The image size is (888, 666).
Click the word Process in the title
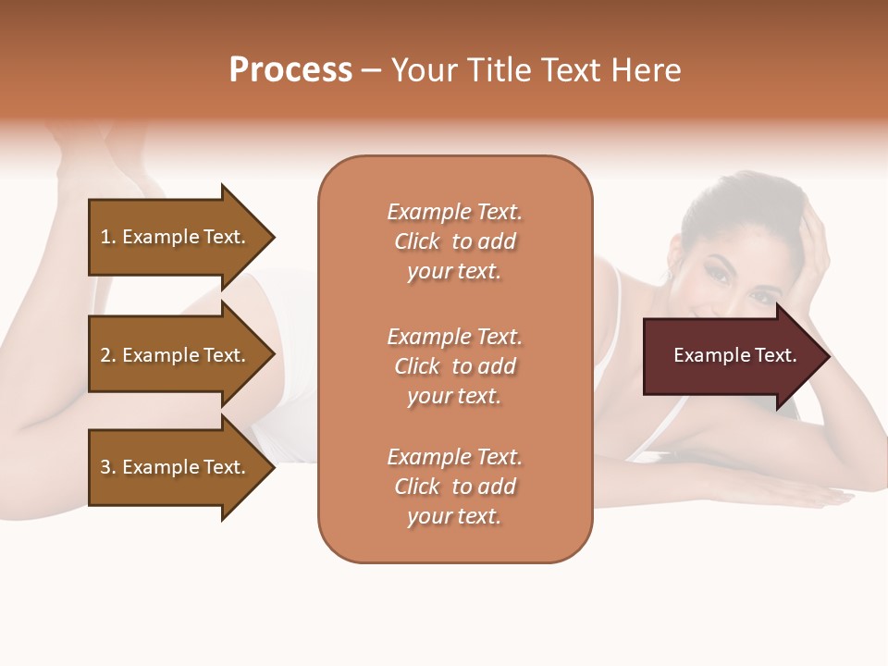click(x=290, y=70)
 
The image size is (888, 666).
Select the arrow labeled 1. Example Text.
click(x=176, y=237)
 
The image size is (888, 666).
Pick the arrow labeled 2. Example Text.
click(x=176, y=355)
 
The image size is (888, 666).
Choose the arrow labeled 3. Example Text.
click(x=176, y=467)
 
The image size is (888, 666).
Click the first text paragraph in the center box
click(x=454, y=241)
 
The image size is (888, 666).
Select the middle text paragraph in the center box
click(x=454, y=366)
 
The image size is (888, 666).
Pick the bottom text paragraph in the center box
click(x=454, y=487)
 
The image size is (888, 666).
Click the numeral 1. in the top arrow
click(x=108, y=237)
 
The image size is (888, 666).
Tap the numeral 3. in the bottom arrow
click(x=108, y=467)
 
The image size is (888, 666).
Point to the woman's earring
click(x=670, y=277)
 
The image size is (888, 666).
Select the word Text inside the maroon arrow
click(x=775, y=356)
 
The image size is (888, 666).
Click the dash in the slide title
click(x=371, y=71)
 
